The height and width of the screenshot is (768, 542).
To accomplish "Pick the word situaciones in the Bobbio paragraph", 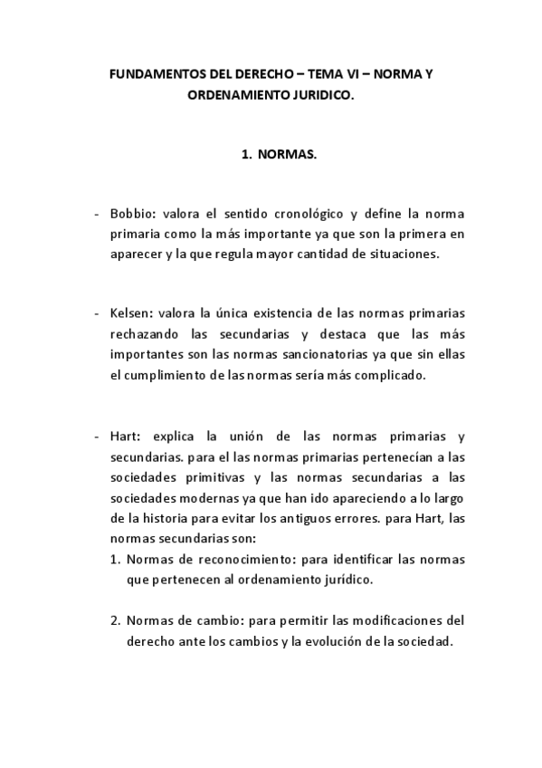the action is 403,254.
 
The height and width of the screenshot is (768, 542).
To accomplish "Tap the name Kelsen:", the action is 132,313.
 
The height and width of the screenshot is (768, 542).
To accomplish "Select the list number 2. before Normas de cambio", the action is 116,620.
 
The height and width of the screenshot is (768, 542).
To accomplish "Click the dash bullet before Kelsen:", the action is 98,313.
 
